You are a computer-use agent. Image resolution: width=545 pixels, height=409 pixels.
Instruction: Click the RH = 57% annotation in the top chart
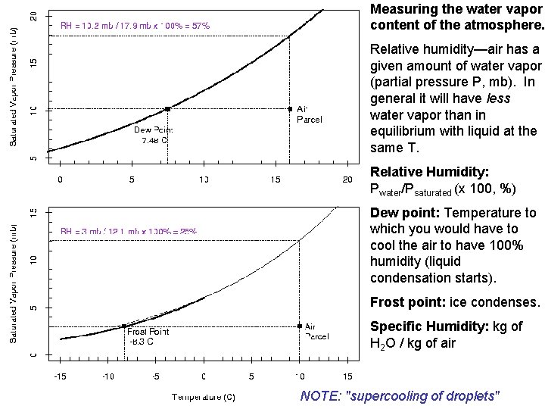(135, 25)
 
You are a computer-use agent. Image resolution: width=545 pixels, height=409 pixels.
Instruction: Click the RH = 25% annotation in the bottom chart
(129, 231)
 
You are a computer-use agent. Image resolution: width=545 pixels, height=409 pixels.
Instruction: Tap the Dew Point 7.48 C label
(154, 134)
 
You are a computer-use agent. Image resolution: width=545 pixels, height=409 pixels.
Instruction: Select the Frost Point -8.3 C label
(148, 336)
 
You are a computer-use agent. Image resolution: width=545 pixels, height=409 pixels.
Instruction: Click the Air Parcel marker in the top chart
(291, 108)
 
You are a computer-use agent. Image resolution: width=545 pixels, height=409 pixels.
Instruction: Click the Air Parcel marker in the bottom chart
(301, 326)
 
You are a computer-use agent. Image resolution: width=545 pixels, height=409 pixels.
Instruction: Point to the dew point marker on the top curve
(167, 109)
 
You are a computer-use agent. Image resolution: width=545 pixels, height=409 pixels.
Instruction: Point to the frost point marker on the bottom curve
(124, 326)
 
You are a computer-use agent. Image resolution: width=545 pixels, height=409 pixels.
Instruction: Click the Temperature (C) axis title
(203, 396)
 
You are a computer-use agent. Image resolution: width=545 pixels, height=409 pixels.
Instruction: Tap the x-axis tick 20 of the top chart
(347, 180)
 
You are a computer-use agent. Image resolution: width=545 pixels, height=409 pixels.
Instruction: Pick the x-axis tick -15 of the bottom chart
(61, 376)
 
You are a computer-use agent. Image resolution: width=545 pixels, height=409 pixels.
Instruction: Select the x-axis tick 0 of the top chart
(61, 180)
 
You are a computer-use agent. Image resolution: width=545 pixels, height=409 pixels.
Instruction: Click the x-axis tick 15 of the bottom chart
(347, 376)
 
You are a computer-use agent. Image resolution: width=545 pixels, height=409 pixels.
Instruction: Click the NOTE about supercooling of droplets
(400, 396)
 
